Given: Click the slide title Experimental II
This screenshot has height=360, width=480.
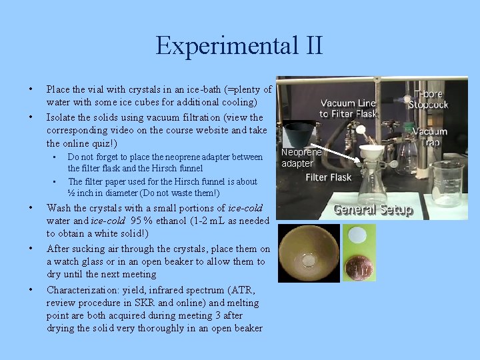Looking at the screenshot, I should pos(239,46).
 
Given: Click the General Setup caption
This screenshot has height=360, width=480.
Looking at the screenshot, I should pos(373,209).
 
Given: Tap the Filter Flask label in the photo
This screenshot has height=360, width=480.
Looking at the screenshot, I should pos(328,178).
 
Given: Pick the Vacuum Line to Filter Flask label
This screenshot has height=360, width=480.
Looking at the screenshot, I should pos(347,108).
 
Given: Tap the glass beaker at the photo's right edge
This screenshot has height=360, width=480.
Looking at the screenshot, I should pos(446,183).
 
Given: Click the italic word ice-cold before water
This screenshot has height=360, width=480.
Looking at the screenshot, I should pos(245,207).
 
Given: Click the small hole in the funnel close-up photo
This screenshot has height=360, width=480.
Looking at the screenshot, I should pos(308,257).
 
